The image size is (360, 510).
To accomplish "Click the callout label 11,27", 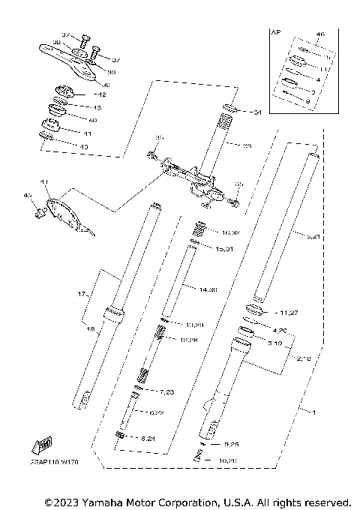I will [x=273, y=310].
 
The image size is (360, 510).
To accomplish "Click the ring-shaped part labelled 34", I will [x=232, y=112].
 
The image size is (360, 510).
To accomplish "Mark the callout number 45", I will [x=28, y=196].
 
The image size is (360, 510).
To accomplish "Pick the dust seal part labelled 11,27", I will [x=256, y=310].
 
